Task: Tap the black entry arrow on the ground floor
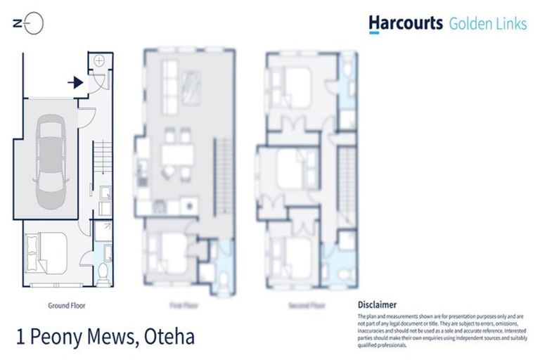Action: (76, 82)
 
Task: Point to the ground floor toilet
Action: (103, 272)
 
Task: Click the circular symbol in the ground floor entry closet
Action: (99, 61)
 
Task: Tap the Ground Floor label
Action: (67, 306)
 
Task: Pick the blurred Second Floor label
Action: (307, 306)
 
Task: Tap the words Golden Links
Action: (488, 24)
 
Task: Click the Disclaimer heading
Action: (378, 304)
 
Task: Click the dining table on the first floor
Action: (175, 154)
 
